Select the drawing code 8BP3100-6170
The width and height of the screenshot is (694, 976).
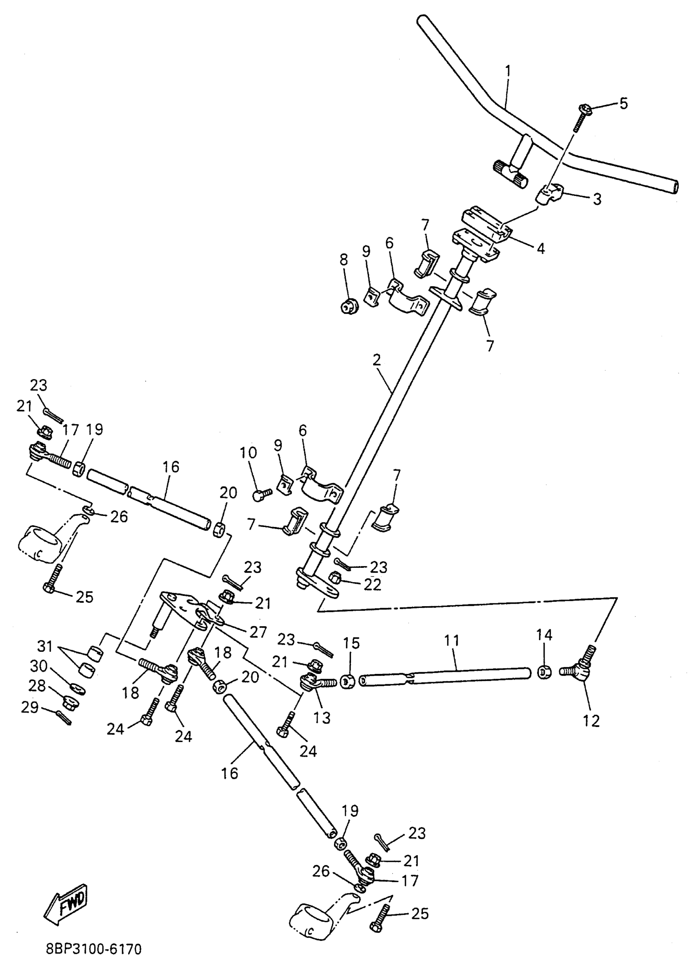[93, 949]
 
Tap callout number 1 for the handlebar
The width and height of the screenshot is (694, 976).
[508, 71]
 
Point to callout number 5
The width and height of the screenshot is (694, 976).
[623, 103]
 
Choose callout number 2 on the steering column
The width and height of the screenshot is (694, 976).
[376, 360]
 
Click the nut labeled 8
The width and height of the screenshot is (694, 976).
[347, 306]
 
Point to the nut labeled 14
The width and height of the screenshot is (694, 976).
[544, 673]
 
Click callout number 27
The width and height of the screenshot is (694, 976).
[258, 632]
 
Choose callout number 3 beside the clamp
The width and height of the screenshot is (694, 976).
[596, 199]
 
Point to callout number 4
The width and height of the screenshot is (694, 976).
[541, 248]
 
